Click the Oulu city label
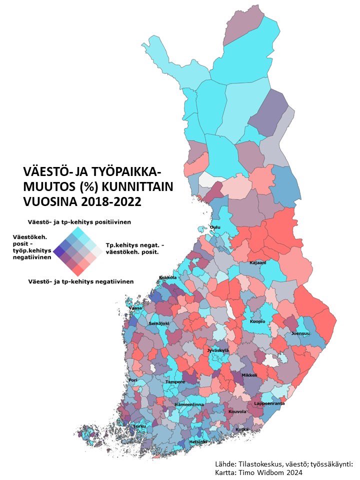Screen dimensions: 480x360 click(215, 227)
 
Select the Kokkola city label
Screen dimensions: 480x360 click(168, 277)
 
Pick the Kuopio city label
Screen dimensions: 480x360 click(257, 321)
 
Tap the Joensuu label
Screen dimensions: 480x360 click(301, 333)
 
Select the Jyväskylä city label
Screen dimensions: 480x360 click(218, 350)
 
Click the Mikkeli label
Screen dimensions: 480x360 click(249, 374)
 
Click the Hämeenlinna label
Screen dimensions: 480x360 click(189, 404)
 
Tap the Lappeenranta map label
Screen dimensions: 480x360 click(269, 402)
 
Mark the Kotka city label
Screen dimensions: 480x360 click(242, 429)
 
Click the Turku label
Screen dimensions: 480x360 click(139, 426)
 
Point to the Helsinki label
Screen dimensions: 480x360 click(198, 442)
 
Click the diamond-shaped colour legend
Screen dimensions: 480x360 click(77, 250)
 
